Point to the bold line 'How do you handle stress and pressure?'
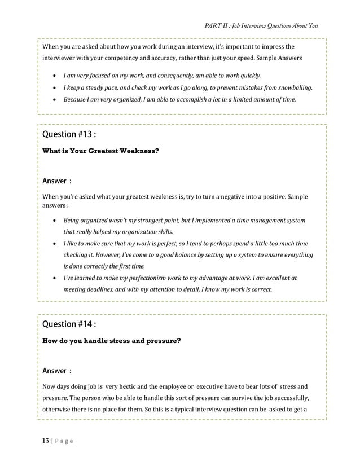tap(112, 341)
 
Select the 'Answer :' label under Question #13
tap(57, 181)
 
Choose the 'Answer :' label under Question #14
tap(57, 371)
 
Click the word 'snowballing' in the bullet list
tap(292, 88)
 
